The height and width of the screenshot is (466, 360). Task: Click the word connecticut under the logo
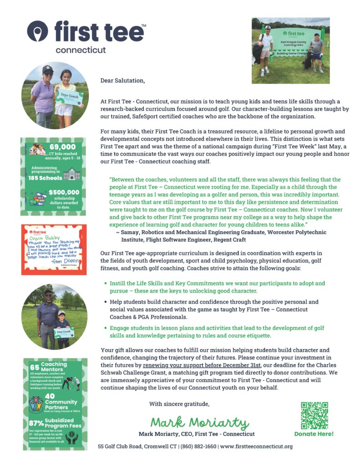[81, 50]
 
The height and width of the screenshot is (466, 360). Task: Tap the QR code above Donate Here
[314, 415]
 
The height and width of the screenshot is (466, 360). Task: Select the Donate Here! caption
[314, 434]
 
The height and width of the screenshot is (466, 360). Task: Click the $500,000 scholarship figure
[64, 192]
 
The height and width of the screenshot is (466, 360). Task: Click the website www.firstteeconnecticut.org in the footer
[256, 446]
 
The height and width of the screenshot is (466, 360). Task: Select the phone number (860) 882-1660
[198, 446]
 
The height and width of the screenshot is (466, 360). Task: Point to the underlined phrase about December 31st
[202, 365]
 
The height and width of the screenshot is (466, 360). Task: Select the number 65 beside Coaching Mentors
[35, 367]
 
